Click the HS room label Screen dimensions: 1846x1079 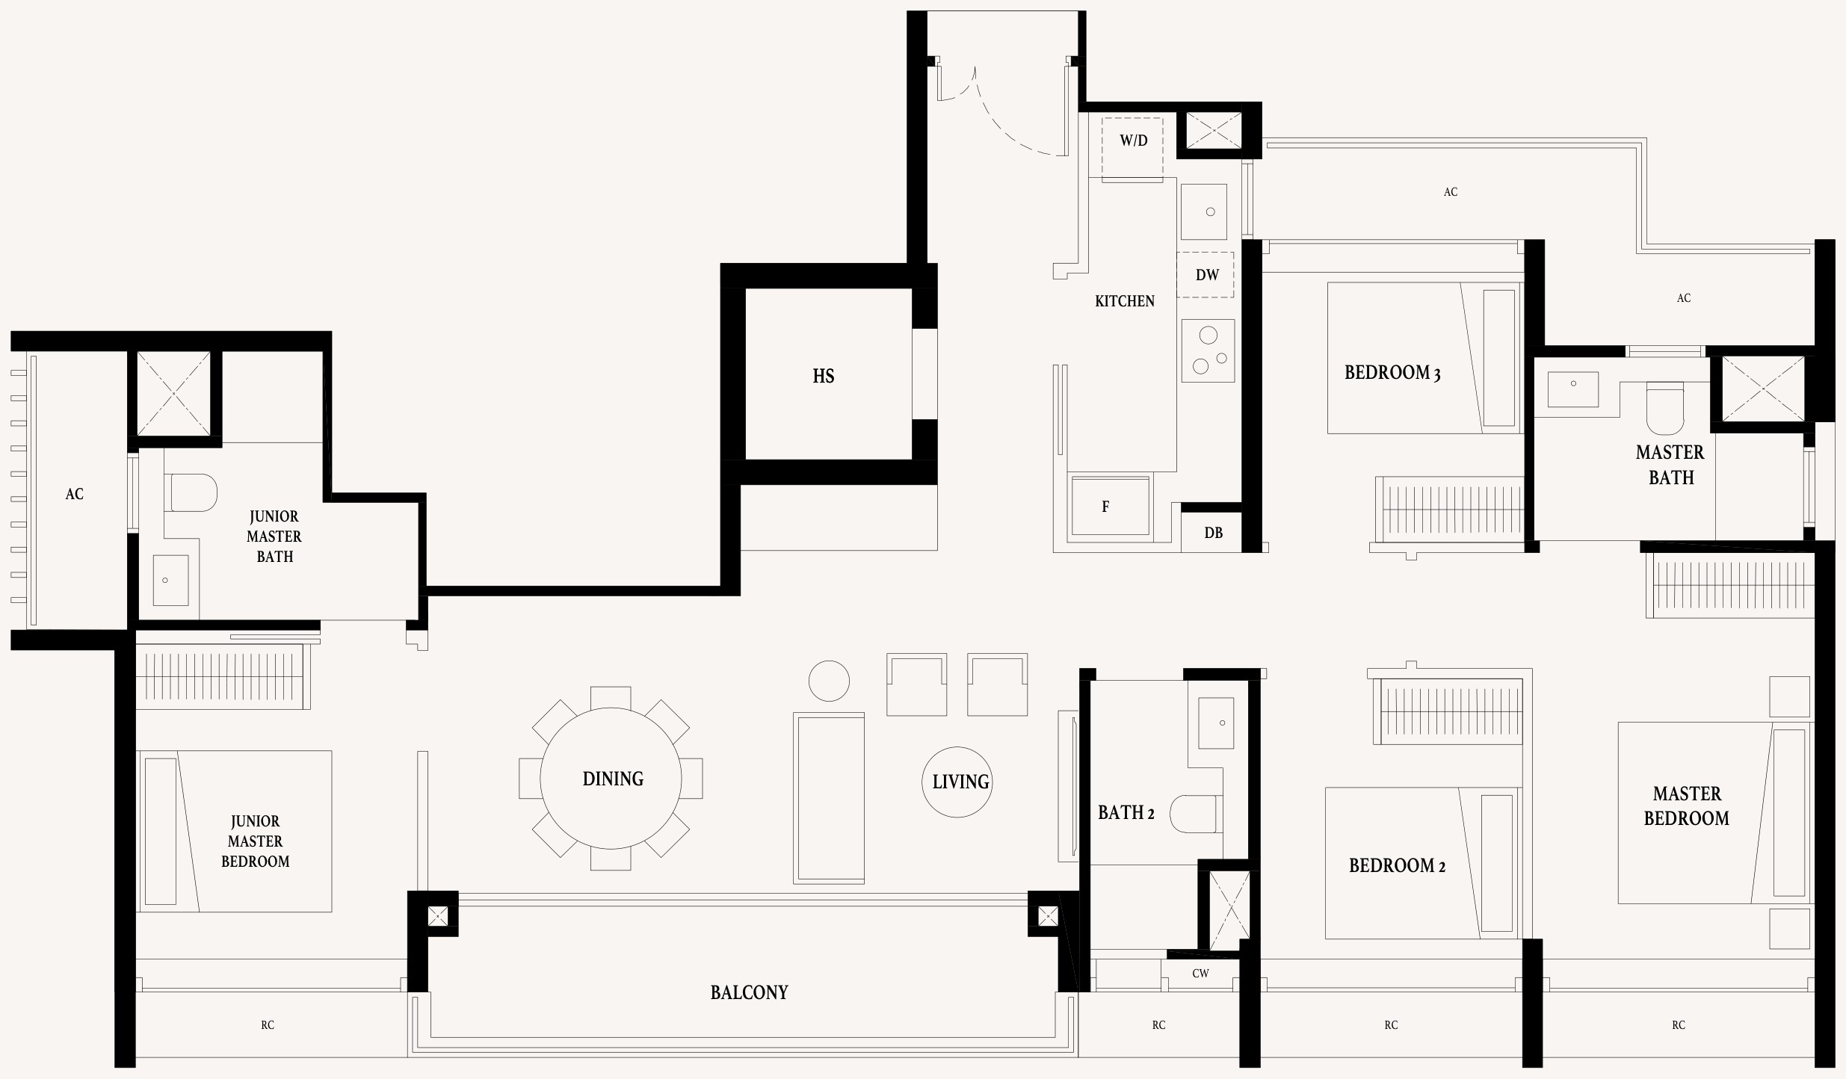pyautogui.click(x=823, y=376)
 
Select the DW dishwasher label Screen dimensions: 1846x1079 pyautogui.click(x=1207, y=275)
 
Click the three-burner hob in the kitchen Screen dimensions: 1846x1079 pyautogui.click(x=1208, y=350)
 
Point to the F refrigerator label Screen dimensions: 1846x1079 pyautogui.click(x=1105, y=507)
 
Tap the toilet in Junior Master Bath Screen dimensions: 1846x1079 pyautogui.click(x=191, y=492)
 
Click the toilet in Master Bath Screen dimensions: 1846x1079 pyautogui.click(x=1665, y=408)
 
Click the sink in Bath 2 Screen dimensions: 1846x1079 pyautogui.click(x=1216, y=723)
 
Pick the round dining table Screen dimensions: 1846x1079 pyautogui.click(x=611, y=779)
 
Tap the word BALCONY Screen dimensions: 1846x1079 pyautogui.click(x=749, y=992)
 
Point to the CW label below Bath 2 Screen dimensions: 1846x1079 pyautogui.click(x=1200, y=973)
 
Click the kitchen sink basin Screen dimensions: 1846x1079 pyautogui.click(x=1203, y=211)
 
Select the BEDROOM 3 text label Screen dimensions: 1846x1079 pyautogui.click(x=1392, y=372)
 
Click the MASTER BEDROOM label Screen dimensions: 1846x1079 pyautogui.click(x=1687, y=806)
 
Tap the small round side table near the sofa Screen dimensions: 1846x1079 pyautogui.click(x=829, y=681)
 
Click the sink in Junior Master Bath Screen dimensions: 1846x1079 pyautogui.click(x=170, y=580)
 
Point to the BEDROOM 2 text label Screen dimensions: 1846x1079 pyautogui.click(x=1397, y=865)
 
